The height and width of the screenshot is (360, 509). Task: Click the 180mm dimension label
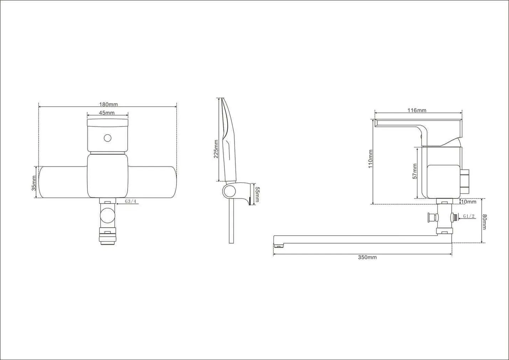tap(108, 104)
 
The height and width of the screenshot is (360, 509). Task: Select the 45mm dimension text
tap(107, 113)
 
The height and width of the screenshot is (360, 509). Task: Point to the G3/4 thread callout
tap(130, 201)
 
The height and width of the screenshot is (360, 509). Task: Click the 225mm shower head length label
tap(216, 149)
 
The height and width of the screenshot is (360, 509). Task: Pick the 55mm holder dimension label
tap(257, 194)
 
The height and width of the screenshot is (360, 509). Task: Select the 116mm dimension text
tap(417, 110)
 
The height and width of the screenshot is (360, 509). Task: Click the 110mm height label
tap(370, 159)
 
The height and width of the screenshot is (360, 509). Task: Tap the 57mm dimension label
tap(415, 171)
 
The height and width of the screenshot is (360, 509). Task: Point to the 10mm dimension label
tap(469, 202)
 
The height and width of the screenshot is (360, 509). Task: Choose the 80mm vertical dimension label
tap(484, 222)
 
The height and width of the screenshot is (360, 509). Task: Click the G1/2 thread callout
tap(469, 216)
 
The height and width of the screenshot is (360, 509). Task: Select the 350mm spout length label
tap(367, 257)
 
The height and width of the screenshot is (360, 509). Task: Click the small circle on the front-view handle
tap(108, 138)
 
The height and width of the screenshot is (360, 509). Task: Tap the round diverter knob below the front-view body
tap(108, 215)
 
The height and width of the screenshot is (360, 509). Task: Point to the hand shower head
tap(228, 140)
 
